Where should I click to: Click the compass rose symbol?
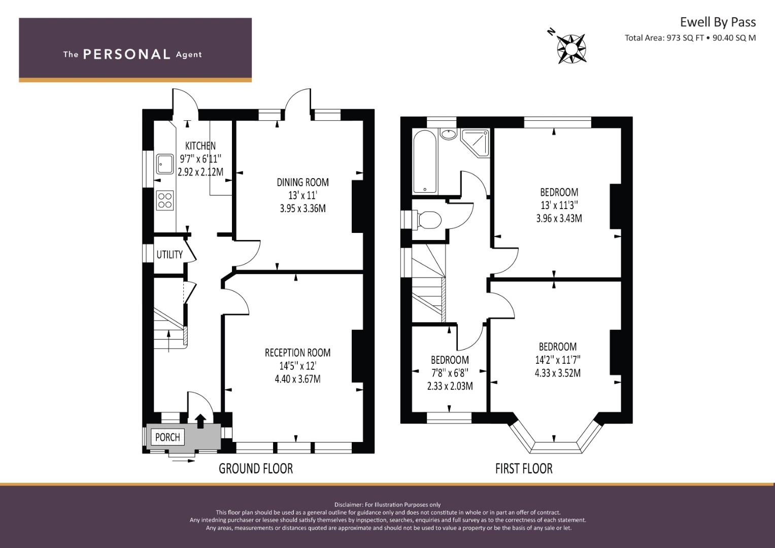coord(571,49)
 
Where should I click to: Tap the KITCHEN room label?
coord(200,146)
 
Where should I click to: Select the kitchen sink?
coord(164,164)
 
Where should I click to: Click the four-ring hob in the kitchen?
coord(164,200)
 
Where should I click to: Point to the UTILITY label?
coord(170,255)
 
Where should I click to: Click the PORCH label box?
coord(168,437)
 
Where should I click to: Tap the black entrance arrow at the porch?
coord(200,421)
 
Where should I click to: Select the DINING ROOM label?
coord(302,182)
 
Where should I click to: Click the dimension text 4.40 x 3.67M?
coord(297,379)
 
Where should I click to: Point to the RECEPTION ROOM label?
coord(297,353)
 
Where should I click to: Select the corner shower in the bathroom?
coord(476,144)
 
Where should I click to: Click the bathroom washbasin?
coord(448,134)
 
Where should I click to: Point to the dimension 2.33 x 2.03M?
coord(450,386)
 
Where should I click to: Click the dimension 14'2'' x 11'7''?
coord(558,360)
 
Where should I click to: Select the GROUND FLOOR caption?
coord(256,469)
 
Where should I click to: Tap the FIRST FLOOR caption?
coord(524,469)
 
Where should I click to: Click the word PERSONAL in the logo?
coord(127,54)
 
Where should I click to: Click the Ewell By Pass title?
coord(718,22)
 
